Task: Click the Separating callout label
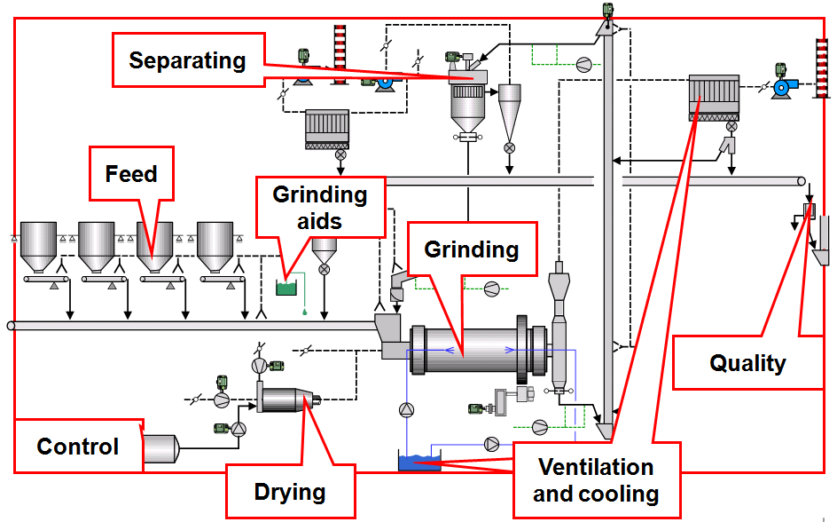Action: click(x=188, y=60)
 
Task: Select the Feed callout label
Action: click(x=131, y=174)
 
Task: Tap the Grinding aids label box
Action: click(x=319, y=207)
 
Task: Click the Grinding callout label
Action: click(x=472, y=249)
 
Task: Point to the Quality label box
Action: click(x=747, y=362)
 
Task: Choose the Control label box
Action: click(x=78, y=446)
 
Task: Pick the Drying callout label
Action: click(x=290, y=491)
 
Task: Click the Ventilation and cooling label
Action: click(x=596, y=480)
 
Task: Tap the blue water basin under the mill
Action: click(x=419, y=462)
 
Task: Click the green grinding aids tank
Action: click(x=286, y=287)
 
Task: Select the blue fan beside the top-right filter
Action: click(x=783, y=86)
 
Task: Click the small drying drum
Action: click(x=286, y=399)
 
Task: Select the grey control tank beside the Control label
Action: click(x=160, y=447)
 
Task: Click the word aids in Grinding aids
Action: click(x=319, y=220)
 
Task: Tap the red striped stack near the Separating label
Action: click(x=339, y=52)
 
